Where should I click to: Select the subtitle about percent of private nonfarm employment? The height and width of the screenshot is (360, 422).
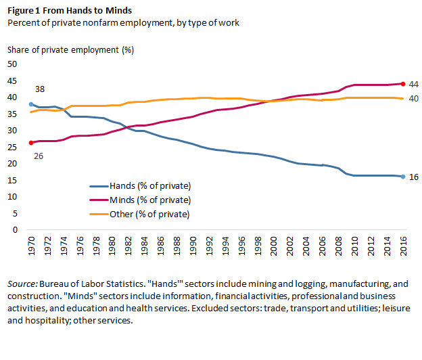pyautogui.click(x=123, y=22)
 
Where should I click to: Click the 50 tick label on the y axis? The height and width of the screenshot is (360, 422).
pyautogui.click(x=11, y=64)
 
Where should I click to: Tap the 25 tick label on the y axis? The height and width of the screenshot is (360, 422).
pyautogui.click(x=11, y=147)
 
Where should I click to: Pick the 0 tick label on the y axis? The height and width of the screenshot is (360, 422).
pyautogui.click(x=14, y=230)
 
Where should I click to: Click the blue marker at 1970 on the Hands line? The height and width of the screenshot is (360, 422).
pyautogui.click(x=31, y=104)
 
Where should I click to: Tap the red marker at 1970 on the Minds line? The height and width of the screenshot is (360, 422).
pyautogui.click(x=31, y=143)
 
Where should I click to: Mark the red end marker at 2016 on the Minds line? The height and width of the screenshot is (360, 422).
pyautogui.click(x=402, y=84)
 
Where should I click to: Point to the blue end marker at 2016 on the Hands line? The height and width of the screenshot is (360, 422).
pyautogui.click(x=402, y=177)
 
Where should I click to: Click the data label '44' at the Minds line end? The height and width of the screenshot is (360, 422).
pyautogui.click(x=414, y=84)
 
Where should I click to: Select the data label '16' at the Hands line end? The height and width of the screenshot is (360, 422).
pyautogui.click(x=414, y=177)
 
